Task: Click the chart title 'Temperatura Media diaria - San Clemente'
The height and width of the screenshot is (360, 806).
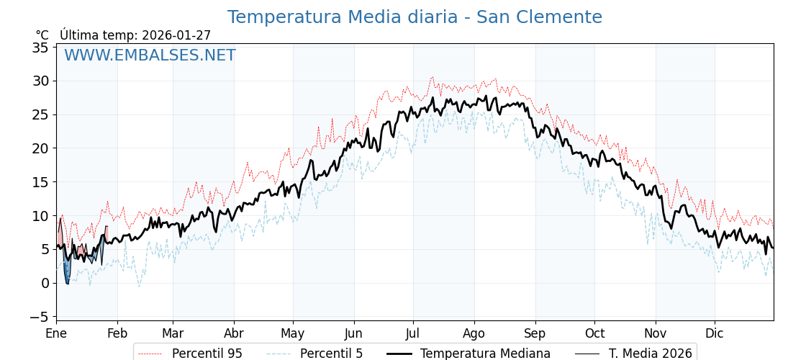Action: click(415, 17)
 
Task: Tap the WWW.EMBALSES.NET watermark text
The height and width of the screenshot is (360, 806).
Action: click(150, 55)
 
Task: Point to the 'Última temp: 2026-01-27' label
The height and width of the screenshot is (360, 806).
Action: click(135, 35)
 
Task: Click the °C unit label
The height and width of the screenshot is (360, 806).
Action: click(42, 35)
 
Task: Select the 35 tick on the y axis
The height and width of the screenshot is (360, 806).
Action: click(40, 48)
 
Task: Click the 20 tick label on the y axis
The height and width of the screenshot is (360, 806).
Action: click(40, 148)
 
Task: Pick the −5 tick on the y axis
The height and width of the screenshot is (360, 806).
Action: click(37, 317)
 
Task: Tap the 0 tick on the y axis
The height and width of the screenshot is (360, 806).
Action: click(45, 283)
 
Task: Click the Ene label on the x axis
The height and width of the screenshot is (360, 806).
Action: click(56, 333)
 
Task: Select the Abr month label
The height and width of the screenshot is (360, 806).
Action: click(234, 333)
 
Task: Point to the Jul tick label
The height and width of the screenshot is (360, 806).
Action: click(413, 333)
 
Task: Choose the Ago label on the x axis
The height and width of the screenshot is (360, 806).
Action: click(474, 333)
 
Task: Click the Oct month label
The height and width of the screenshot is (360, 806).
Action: click(594, 333)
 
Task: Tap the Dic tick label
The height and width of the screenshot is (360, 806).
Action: click(715, 333)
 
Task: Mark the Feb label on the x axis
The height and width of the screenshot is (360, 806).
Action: click(117, 333)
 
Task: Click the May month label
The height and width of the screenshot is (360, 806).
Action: click(293, 333)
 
